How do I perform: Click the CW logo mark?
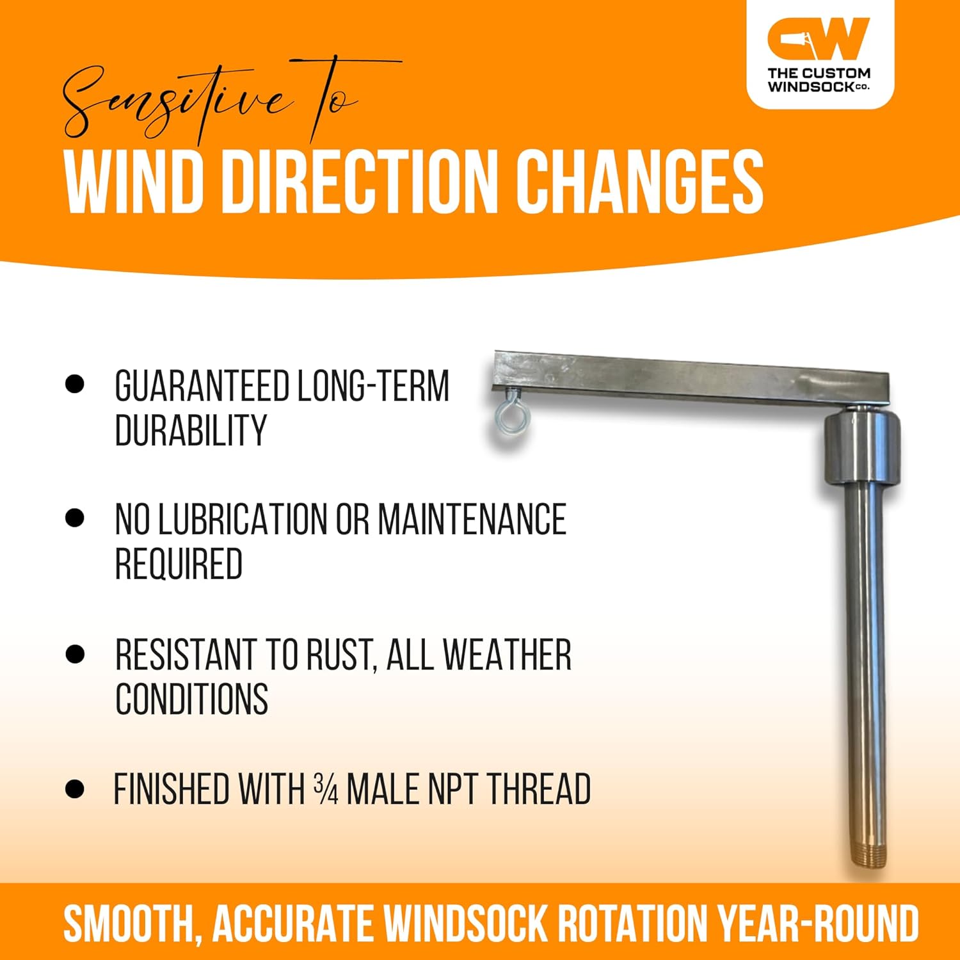[819, 40]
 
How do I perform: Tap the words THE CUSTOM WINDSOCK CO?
[819, 80]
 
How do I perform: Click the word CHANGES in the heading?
[639, 182]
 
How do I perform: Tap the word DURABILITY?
[191, 430]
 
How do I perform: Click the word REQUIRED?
[179, 564]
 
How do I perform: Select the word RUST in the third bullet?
[340, 655]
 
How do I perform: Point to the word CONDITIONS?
[191, 699]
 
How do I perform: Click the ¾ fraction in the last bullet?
[326, 789]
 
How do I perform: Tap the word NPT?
[447, 789]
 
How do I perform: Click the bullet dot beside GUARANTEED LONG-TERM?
[75, 384]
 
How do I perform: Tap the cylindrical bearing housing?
[861, 450]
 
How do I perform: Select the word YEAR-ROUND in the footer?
[817, 922]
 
